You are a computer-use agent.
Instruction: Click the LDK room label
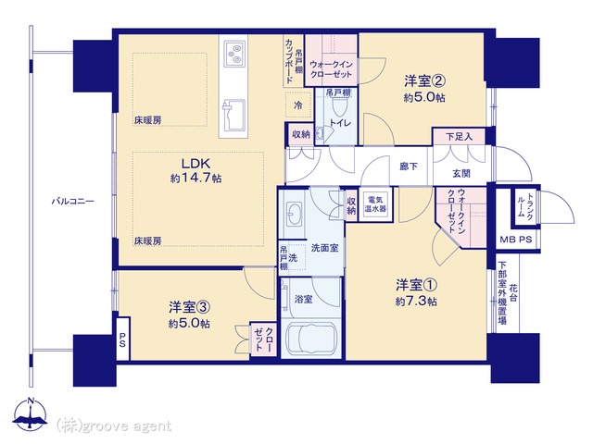coord(196,164)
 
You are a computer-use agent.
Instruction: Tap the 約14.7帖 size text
coord(196,178)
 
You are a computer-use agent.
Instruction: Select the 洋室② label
coord(424,80)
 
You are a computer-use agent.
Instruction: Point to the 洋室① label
coord(416,285)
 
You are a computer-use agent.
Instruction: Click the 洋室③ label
coord(189,307)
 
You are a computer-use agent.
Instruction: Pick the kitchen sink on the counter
coord(233,115)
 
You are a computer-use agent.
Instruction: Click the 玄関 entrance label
coord(461,174)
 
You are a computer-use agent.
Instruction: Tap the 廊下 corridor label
coord(409,166)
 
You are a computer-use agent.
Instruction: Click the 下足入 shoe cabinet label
coord(460,136)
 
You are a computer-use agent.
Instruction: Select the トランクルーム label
coord(525,206)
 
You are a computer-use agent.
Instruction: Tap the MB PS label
coord(516,240)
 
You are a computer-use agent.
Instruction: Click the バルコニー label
coord(72,201)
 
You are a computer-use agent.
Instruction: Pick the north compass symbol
coord(31,414)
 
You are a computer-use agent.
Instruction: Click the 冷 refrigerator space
coord(298,105)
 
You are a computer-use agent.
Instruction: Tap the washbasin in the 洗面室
coord(294,214)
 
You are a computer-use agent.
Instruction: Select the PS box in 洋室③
coord(123,339)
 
